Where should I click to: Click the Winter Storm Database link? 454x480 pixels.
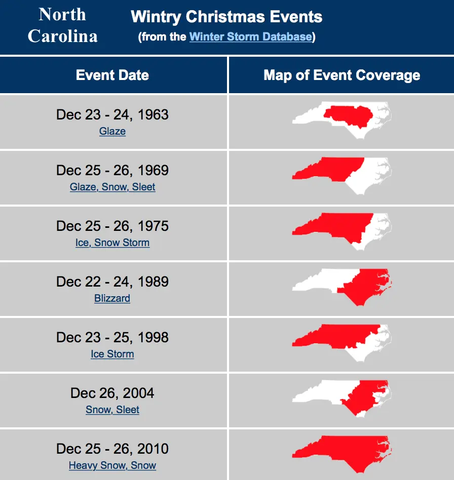click(251, 36)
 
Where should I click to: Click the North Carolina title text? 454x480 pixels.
click(62, 25)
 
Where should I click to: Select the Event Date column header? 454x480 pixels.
click(112, 75)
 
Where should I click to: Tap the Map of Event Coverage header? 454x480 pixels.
click(342, 75)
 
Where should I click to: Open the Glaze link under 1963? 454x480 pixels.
click(112, 131)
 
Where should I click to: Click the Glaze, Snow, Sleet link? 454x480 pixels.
click(112, 187)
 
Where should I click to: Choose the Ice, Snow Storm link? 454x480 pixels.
click(112, 243)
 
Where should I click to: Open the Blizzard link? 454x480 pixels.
click(112, 298)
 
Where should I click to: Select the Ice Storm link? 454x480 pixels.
click(112, 354)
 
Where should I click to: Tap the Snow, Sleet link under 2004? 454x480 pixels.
click(112, 410)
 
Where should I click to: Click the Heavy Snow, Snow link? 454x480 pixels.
click(112, 465)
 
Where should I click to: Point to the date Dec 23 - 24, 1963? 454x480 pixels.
click(112, 114)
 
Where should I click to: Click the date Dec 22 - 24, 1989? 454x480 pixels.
click(112, 282)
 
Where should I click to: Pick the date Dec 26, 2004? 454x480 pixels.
click(112, 393)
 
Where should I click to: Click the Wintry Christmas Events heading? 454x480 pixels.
click(226, 17)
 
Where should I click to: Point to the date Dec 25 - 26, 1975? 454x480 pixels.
click(112, 226)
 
